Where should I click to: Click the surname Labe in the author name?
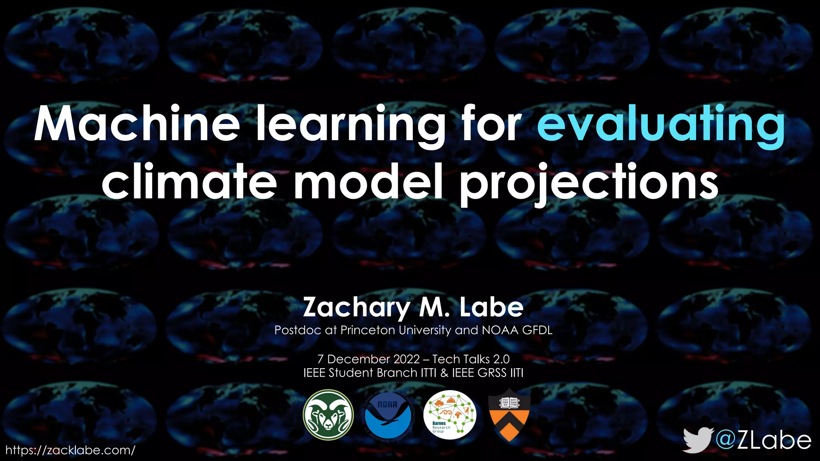[x=491, y=307]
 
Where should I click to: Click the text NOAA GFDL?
[x=517, y=330]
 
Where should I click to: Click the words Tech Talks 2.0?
[x=471, y=359]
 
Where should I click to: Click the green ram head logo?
[x=328, y=415]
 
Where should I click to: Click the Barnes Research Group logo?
[x=450, y=415]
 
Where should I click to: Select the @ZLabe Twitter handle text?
[x=763, y=440]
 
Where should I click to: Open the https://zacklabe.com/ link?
[x=70, y=450]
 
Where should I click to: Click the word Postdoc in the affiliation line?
[x=297, y=330]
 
